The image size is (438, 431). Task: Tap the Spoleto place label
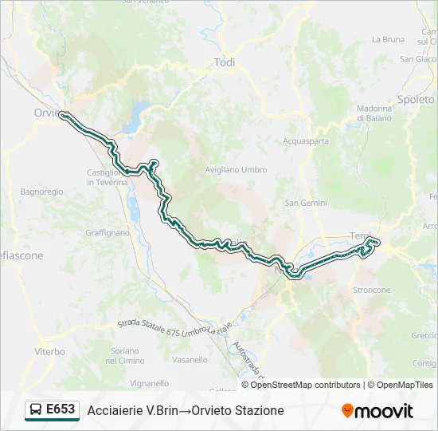(x=417, y=100)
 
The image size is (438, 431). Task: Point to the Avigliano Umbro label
(x=236, y=170)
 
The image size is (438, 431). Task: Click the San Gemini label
(x=307, y=203)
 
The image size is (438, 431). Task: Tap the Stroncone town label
(x=371, y=290)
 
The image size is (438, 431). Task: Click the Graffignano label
(x=107, y=233)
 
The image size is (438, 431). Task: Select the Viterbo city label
(x=49, y=350)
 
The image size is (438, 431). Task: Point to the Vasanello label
(x=190, y=360)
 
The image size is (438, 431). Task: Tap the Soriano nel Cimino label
(x=126, y=356)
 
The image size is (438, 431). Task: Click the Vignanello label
(x=149, y=383)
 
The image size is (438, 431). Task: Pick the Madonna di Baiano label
(x=374, y=113)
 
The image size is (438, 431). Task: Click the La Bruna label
(x=388, y=39)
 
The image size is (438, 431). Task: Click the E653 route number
(x=61, y=409)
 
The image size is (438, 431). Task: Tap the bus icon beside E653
(x=36, y=410)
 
